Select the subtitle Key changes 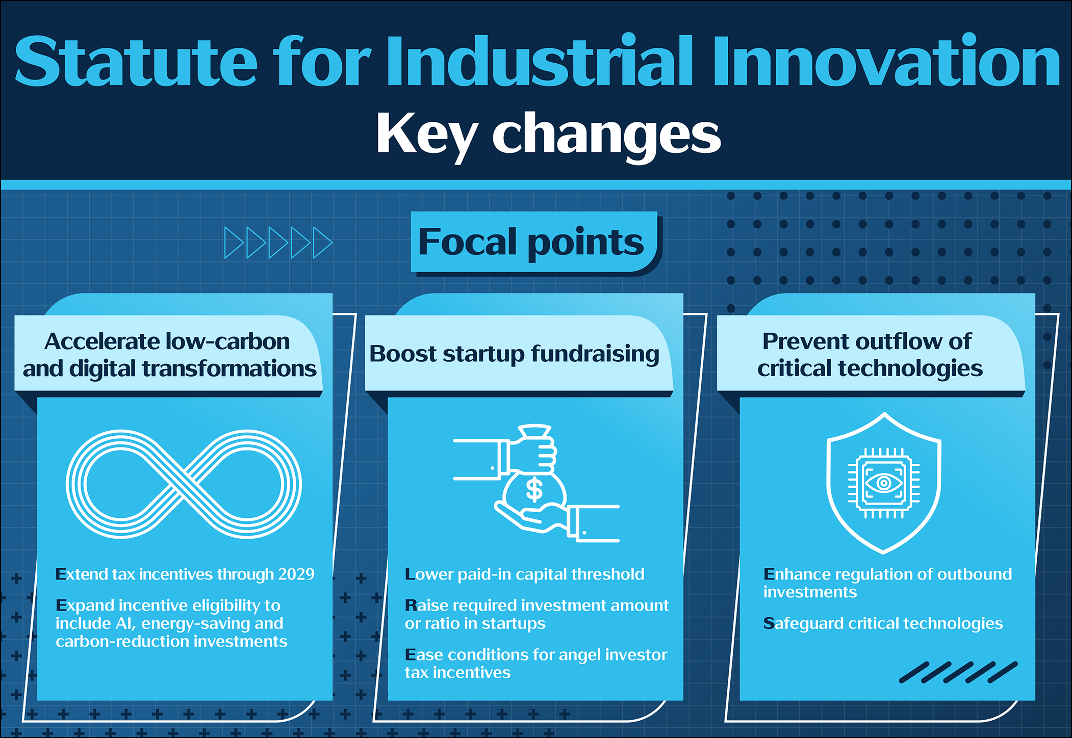(x=548, y=135)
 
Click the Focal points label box (x=534, y=242)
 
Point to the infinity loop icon (x=184, y=484)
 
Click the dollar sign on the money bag (x=534, y=489)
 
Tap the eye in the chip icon (x=884, y=483)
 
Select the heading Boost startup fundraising (x=514, y=354)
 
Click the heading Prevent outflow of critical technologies (x=870, y=355)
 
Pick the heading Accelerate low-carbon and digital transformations (x=169, y=355)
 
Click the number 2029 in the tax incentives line (x=296, y=574)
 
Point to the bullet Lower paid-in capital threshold (x=524, y=574)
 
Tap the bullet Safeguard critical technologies (x=883, y=623)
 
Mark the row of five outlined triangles (x=278, y=243)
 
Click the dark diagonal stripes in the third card (x=958, y=672)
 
